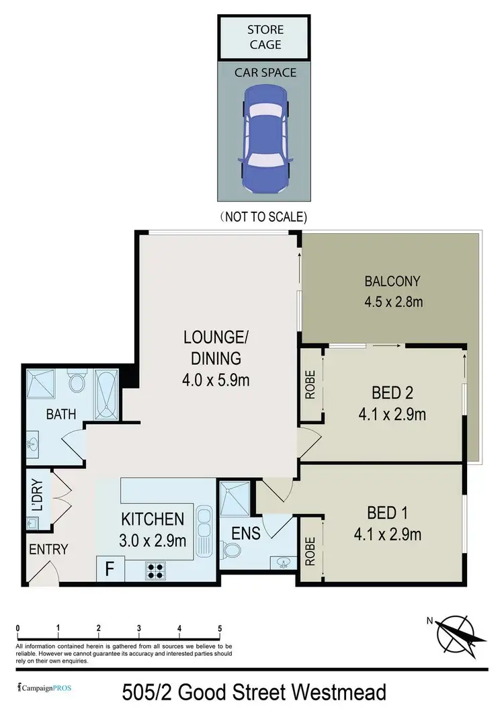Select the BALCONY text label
point(392,281)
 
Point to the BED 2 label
point(393,392)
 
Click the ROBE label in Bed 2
point(310,392)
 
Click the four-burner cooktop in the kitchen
point(156,570)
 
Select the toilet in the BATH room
point(77,383)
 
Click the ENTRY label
point(48,549)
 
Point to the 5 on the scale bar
point(220,629)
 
